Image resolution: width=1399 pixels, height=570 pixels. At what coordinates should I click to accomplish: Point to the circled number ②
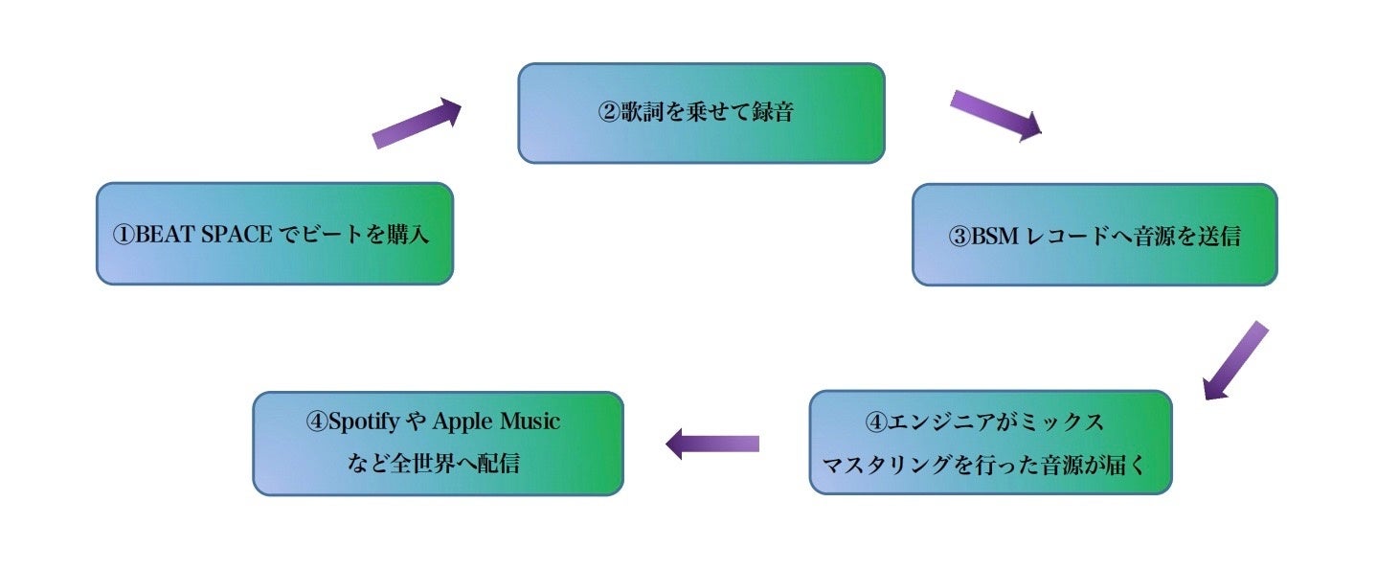pos(611,111)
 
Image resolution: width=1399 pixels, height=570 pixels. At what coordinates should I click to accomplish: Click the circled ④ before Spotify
pos(317,422)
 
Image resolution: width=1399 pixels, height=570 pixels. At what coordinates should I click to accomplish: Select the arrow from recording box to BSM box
pos(995,115)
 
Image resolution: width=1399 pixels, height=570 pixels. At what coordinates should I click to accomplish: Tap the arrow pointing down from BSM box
pos(1235,360)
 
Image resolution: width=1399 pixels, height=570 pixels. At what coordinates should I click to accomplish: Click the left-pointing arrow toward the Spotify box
pos(711,444)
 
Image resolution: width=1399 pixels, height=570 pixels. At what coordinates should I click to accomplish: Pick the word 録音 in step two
pos(773,111)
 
